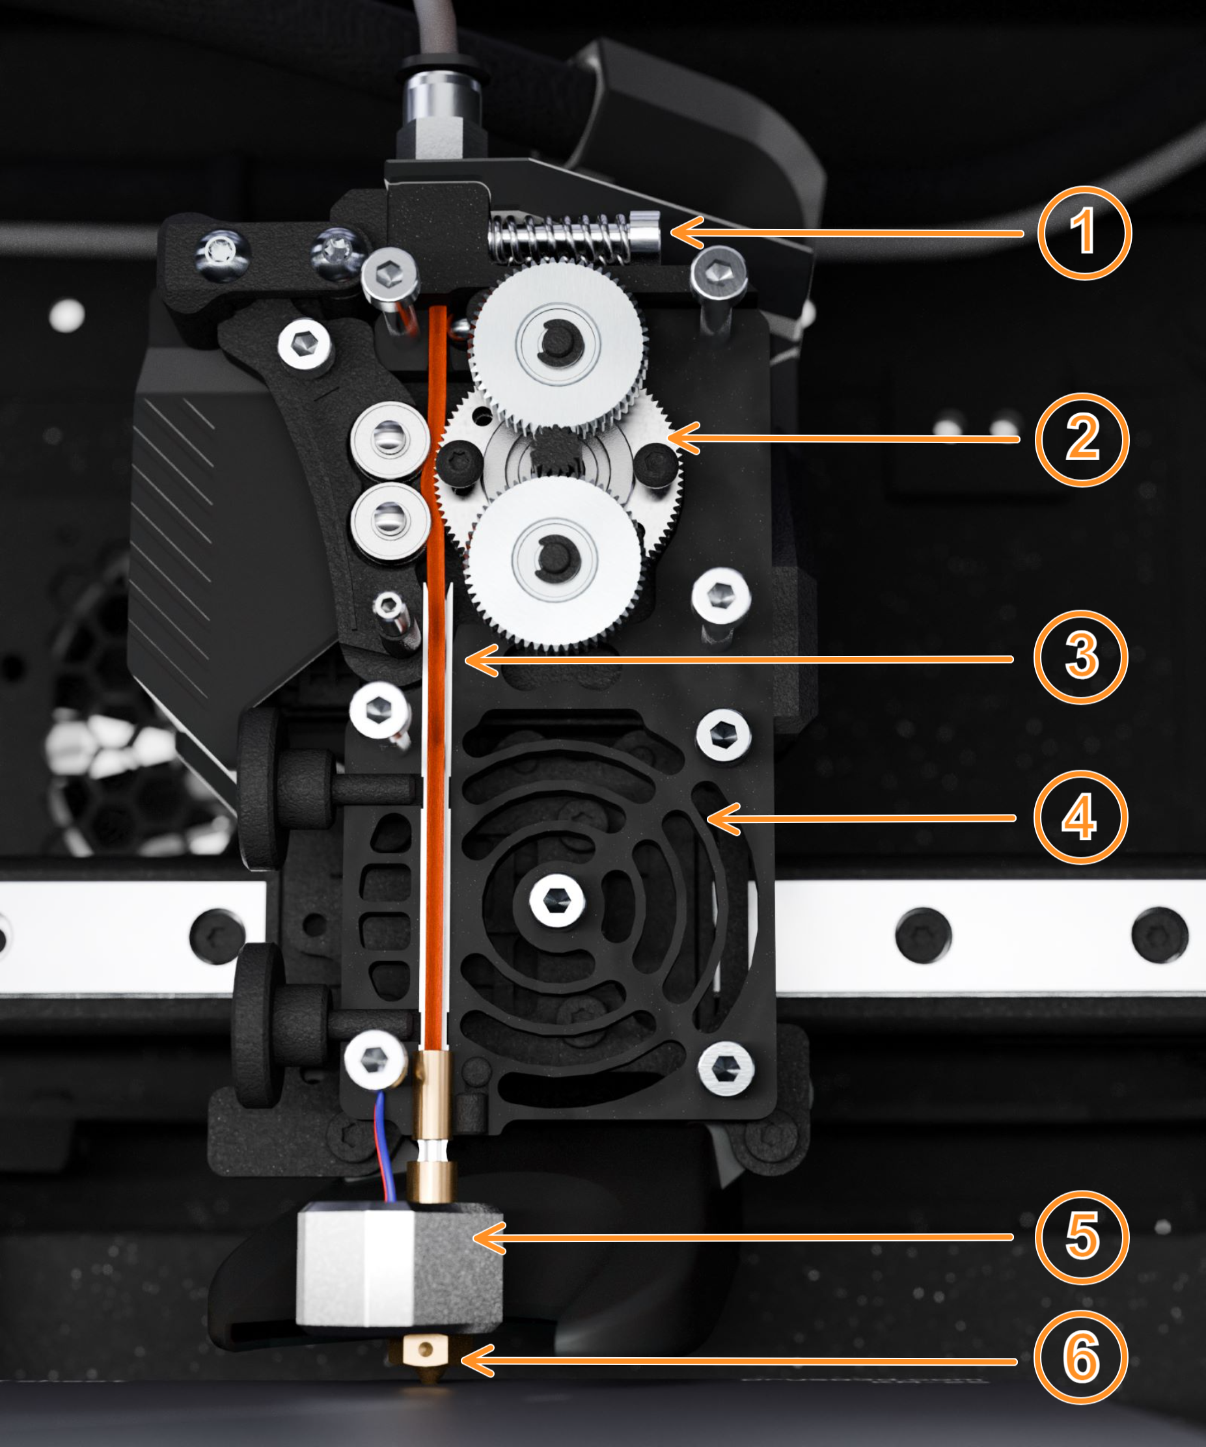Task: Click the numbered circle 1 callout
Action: pyautogui.click(x=1084, y=232)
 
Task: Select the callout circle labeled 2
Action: pyautogui.click(x=1082, y=439)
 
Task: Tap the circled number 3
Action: pyautogui.click(x=1080, y=656)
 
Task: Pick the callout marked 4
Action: pyautogui.click(x=1080, y=817)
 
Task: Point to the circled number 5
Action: pyautogui.click(x=1082, y=1237)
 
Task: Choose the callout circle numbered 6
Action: pyautogui.click(x=1081, y=1357)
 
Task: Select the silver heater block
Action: pyautogui.click(x=400, y=1264)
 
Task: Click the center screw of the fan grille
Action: pyautogui.click(x=557, y=899)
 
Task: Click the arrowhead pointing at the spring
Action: pyautogui.click(x=687, y=232)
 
